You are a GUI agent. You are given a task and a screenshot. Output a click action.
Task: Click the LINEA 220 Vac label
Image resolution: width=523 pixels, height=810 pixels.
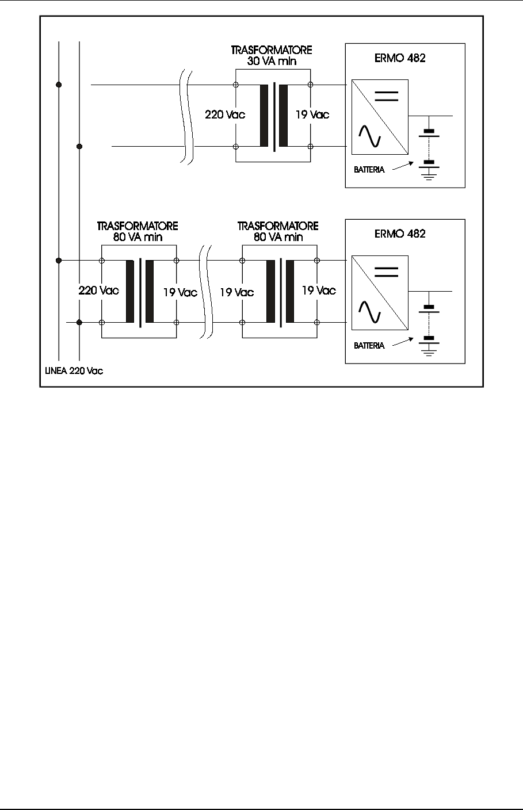(74, 371)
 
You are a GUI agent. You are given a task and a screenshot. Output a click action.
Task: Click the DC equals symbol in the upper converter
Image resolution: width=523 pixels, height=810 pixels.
(386, 96)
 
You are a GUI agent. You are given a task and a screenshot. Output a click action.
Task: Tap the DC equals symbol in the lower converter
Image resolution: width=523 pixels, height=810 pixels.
(386, 272)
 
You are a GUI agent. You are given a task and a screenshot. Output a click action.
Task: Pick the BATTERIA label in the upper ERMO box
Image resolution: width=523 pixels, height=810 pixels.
(368, 170)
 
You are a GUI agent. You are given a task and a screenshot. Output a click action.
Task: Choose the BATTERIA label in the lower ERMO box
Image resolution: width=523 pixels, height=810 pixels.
(368, 346)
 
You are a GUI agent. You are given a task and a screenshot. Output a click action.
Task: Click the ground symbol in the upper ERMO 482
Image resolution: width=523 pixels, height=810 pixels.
(428, 172)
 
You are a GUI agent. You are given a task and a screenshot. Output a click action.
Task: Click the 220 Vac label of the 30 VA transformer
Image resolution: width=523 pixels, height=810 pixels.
(225, 114)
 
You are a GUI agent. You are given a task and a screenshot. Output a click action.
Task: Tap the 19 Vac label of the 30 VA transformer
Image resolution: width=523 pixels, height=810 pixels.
(312, 114)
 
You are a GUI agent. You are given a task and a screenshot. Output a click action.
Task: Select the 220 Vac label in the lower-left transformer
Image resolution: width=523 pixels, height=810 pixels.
(98, 291)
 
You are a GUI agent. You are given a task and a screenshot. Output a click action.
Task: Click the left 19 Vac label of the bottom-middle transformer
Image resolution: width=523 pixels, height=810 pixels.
(236, 292)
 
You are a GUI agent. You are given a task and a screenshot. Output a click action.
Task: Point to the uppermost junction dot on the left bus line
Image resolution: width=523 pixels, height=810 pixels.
(59, 85)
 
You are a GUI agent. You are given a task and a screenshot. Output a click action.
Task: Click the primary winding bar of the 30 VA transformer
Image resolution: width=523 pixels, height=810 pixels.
(264, 116)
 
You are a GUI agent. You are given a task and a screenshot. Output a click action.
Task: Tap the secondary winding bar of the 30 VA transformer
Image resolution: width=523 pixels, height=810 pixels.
(283, 116)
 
